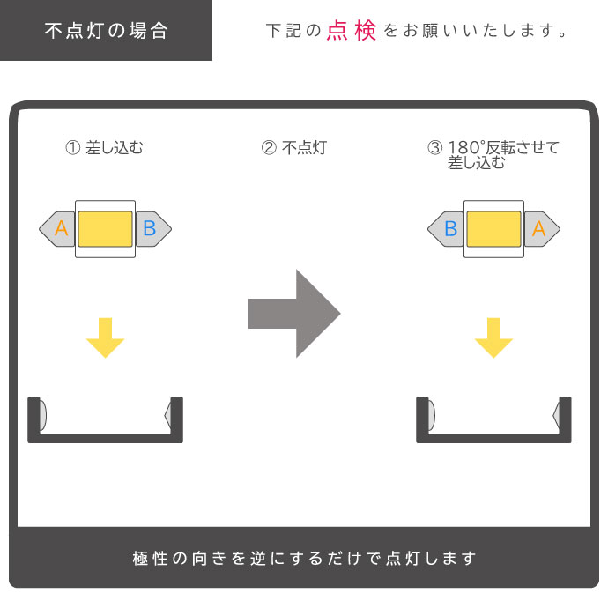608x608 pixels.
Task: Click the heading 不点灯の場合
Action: [106, 31]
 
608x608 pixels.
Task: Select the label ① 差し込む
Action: [105, 148]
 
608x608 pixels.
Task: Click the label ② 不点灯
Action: [293, 148]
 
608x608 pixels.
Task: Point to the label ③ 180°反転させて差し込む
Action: [493, 155]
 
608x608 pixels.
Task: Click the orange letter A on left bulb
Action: [61, 229]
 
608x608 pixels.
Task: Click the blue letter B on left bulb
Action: [149, 229]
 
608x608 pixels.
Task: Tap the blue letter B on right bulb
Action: [450, 229]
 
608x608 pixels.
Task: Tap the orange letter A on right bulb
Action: [539, 229]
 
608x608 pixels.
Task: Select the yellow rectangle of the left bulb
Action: [105, 229]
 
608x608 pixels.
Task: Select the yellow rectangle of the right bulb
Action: [493, 229]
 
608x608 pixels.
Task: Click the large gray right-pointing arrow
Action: [294, 313]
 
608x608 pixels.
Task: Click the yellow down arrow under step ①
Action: [105, 337]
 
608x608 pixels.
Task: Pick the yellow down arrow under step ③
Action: [493, 337]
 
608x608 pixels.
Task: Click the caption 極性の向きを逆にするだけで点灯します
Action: [304, 559]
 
